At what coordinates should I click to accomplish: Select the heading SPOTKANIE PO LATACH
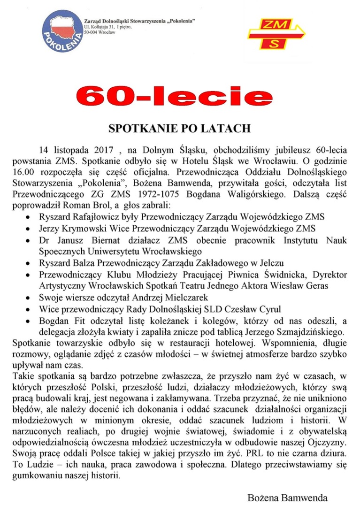tap(180, 128)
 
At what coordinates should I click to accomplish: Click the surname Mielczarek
tap(183, 298)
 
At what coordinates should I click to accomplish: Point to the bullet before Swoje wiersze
tap(30, 298)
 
